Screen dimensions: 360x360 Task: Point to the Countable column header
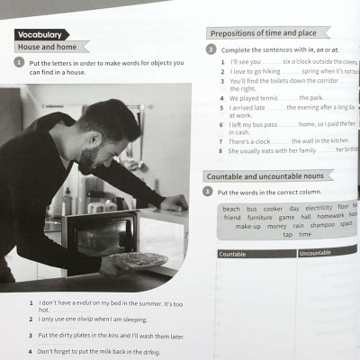(x=234, y=254)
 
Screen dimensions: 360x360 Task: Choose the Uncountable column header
(x=316, y=254)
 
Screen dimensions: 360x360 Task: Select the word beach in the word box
(x=232, y=209)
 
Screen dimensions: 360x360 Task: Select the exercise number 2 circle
(x=211, y=49)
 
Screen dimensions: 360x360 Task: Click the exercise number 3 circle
(x=209, y=192)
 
